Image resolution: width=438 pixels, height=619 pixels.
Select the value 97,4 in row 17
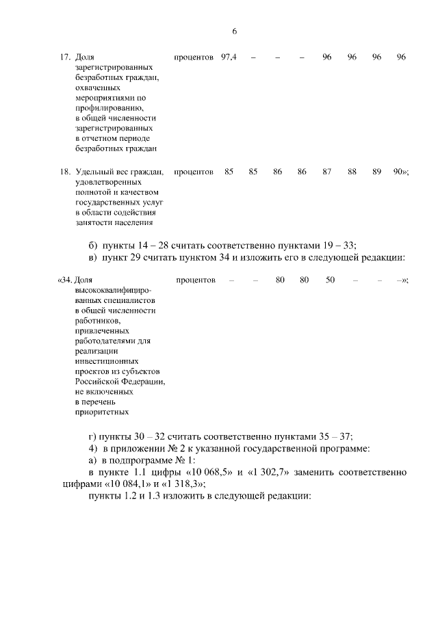pos(229,57)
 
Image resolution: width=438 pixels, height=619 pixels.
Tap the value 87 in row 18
pos(327,172)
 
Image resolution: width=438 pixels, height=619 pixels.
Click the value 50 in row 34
pos(330,280)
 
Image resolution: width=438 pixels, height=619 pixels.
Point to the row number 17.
pos(64,57)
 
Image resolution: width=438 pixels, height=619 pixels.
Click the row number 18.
pos(64,172)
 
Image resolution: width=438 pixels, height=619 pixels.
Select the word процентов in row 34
pos(196,280)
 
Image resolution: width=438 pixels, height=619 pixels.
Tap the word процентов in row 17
pos(194,57)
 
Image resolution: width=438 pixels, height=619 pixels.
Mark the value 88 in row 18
pos(352,172)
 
